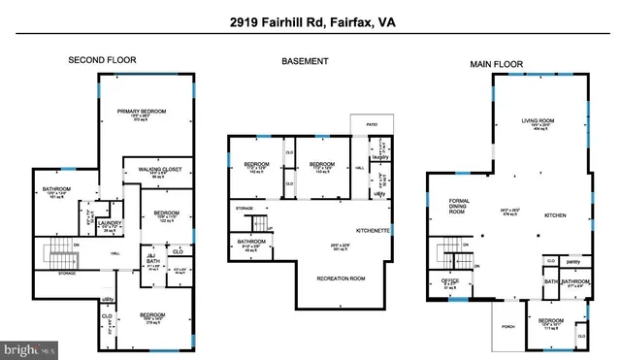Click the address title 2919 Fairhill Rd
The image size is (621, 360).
[310, 21]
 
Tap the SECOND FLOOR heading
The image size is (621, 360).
[102, 60]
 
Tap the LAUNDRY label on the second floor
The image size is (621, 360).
[109, 223]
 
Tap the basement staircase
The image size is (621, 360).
[258, 225]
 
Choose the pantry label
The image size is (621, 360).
[573, 261]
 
